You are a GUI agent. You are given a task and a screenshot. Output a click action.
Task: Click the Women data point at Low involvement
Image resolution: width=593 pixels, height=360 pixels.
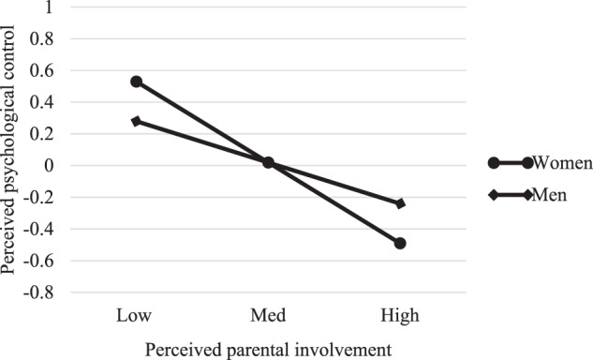[x=137, y=82]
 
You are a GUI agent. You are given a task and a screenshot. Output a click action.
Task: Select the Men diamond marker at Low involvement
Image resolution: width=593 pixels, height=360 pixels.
[x=137, y=121]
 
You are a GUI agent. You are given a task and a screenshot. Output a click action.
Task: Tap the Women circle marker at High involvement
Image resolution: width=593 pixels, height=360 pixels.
[x=400, y=243]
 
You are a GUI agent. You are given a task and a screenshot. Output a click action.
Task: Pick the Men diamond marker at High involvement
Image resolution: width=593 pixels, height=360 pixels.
[x=400, y=203]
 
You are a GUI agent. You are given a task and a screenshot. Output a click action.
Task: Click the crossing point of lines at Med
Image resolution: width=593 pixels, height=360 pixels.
[x=268, y=162]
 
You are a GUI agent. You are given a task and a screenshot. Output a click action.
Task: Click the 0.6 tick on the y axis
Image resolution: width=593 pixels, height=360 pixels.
[x=42, y=70]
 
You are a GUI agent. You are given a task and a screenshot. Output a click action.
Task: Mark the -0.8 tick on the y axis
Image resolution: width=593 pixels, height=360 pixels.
[x=38, y=292]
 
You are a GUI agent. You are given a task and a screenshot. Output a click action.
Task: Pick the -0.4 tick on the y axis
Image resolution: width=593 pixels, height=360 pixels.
[x=38, y=229]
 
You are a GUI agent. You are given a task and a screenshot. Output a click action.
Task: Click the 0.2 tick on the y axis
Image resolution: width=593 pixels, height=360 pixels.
[x=42, y=134]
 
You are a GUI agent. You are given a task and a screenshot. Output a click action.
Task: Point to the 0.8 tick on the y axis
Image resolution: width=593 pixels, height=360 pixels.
[x=42, y=39]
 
